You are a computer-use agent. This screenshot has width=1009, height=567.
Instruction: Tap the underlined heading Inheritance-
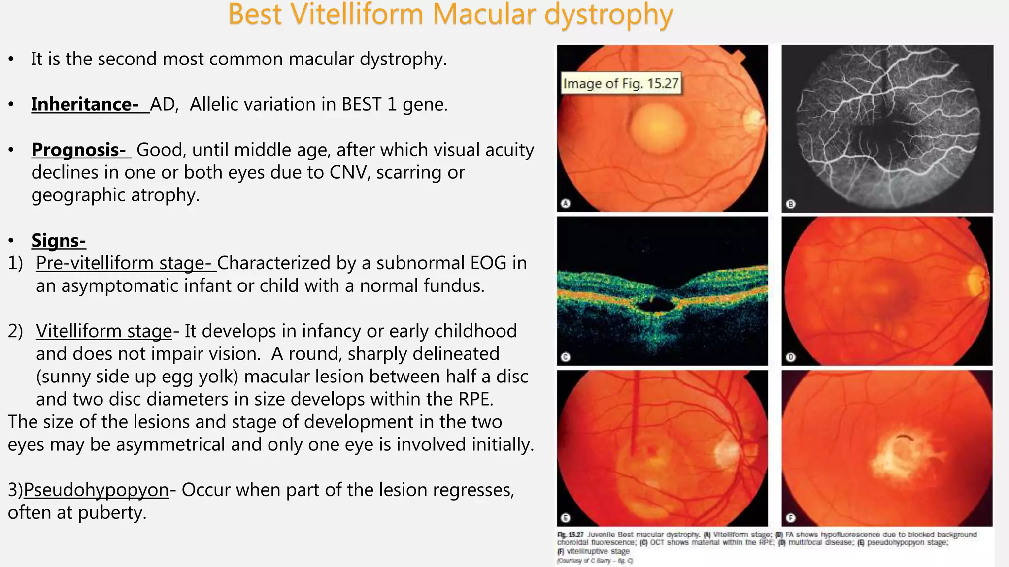pyautogui.click(x=84, y=104)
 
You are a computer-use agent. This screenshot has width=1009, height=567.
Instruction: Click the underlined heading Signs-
pyautogui.click(x=58, y=241)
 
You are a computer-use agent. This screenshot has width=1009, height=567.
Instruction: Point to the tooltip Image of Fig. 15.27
pyautogui.click(x=621, y=83)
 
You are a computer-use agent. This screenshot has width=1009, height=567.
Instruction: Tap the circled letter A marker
pyautogui.click(x=566, y=203)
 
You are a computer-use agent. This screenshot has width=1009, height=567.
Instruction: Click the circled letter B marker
pyautogui.click(x=790, y=204)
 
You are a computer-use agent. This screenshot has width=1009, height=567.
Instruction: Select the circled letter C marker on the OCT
pyautogui.click(x=566, y=357)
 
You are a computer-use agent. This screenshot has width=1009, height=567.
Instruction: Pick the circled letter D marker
pyautogui.click(x=790, y=357)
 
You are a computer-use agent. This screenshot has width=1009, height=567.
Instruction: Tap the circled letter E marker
pyautogui.click(x=566, y=518)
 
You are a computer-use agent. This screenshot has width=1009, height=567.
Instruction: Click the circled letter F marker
pyautogui.click(x=790, y=518)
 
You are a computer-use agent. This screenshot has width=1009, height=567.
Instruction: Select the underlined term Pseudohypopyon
pyautogui.click(x=96, y=490)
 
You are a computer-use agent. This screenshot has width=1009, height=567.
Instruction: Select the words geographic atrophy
pyautogui.click(x=115, y=195)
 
